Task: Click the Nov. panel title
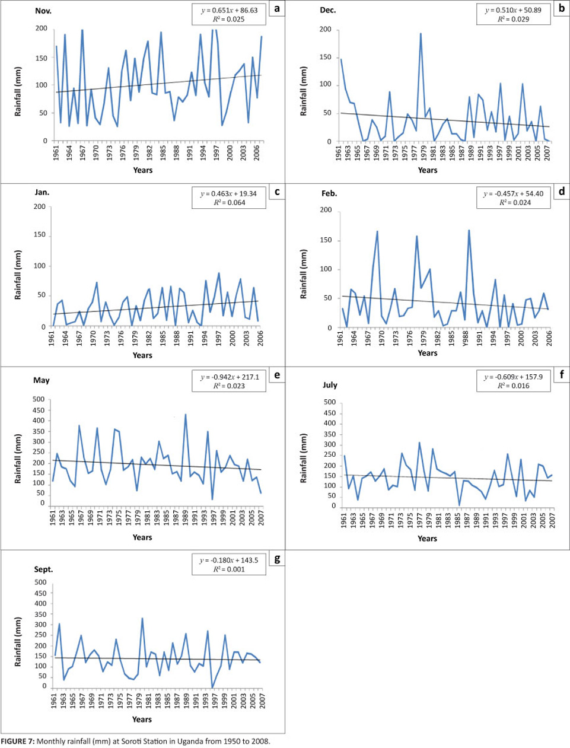43,11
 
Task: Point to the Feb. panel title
329,193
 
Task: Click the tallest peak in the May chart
186,415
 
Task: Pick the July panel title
330,384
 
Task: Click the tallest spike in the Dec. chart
421,34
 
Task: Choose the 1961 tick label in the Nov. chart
56,154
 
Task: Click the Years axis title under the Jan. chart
142,355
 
